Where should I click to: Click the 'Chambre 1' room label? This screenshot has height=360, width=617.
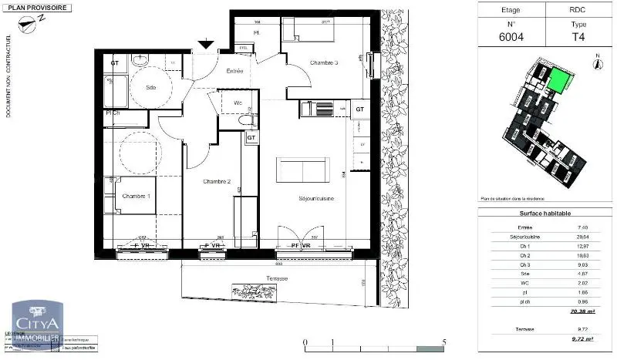[137, 196]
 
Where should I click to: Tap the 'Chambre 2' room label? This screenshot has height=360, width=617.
[217, 181]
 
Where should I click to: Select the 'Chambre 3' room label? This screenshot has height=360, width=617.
[325, 62]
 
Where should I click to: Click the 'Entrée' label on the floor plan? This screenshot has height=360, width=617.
[235, 71]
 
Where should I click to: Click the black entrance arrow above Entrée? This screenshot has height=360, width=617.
[206, 45]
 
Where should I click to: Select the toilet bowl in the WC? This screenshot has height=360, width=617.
[245, 120]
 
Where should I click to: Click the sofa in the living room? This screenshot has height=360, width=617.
[303, 169]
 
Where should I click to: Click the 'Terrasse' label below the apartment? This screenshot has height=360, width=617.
[274, 278]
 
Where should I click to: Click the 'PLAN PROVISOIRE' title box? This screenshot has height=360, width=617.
[37, 8]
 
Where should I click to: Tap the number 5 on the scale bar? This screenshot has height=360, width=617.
[444, 342]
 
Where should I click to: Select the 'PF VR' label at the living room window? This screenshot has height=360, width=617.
[300, 245]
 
